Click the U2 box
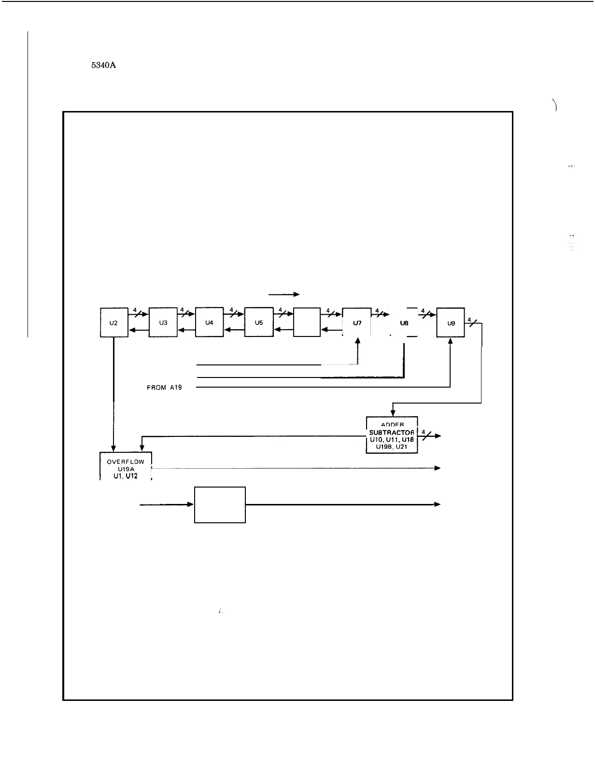[114, 322]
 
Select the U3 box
[163, 322]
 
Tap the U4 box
[209, 322]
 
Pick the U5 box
[259, 322]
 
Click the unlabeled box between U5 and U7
[307, 322]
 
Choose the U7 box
[357, 322]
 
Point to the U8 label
[405, 322]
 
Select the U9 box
[451, 322]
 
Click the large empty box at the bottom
[220, 504]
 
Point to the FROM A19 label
[165, 387]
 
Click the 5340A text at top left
[103, 67]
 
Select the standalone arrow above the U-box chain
[284, 294]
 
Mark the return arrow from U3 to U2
[139, 330]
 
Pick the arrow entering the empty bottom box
[167, 504]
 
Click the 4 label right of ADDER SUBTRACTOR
[423, 432]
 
